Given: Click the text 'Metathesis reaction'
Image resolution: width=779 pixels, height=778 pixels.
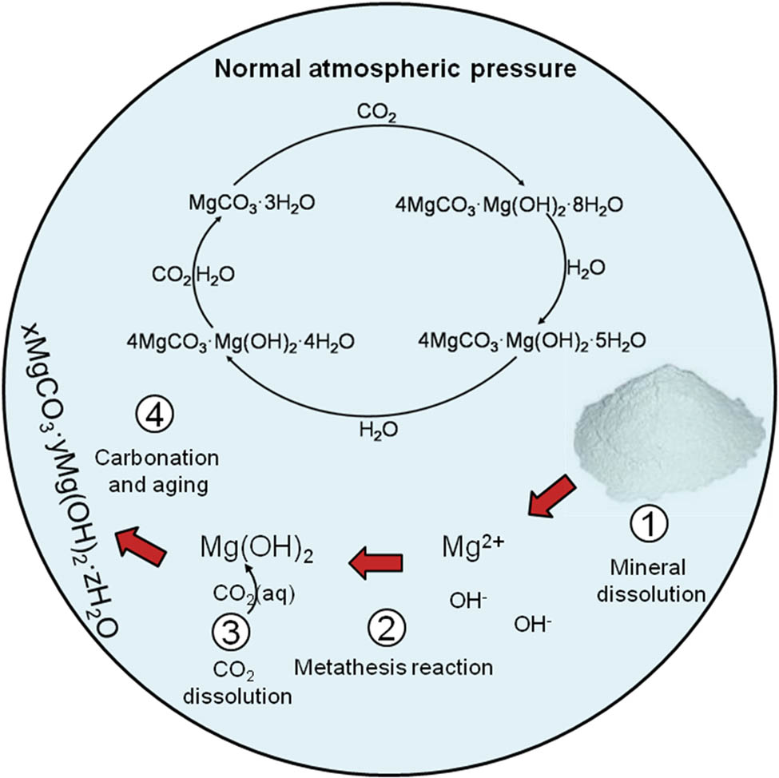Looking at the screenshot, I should click(391, 665).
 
